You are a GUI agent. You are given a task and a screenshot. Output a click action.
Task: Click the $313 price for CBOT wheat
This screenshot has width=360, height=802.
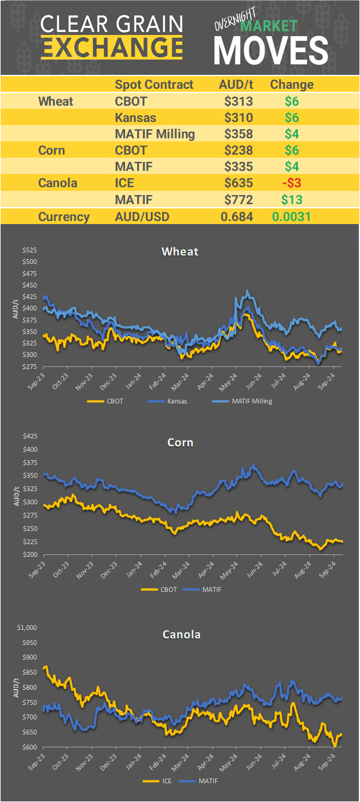[x=238, y=101]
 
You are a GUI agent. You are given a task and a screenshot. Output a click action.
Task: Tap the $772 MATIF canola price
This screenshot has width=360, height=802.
[x=238, y=199]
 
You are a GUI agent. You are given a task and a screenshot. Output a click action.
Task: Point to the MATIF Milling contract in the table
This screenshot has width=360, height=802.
[x=155, y=134]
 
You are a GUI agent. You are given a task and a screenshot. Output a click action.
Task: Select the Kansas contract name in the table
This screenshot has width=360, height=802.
[x=133, y=118]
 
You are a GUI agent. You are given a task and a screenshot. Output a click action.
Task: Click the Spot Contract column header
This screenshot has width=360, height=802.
[x=154, y=85]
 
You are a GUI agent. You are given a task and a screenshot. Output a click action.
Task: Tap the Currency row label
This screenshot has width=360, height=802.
[x=64, y=217]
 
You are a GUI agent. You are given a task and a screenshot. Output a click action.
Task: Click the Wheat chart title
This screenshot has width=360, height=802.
[x=180, y=251]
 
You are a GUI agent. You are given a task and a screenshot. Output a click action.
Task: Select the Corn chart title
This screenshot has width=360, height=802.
[x=180, y=443]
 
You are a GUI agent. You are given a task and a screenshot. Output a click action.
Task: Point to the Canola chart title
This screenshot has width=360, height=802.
[x=181, y=634]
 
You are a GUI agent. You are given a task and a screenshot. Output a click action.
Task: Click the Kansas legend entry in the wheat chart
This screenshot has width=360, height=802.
[x=176, y=400]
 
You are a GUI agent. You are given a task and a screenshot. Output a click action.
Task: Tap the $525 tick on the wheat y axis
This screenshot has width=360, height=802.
[x=30, y=250]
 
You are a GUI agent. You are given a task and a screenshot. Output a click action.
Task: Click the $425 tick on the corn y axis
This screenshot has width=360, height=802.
[x=30, y=436]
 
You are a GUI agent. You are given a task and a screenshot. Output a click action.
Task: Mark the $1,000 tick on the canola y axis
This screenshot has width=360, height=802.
[x=27, y=627]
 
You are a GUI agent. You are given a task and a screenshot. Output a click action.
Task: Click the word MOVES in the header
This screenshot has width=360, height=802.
[x=271, y=50]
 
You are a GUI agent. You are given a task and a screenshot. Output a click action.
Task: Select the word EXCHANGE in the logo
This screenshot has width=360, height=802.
[x=112, y=47]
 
